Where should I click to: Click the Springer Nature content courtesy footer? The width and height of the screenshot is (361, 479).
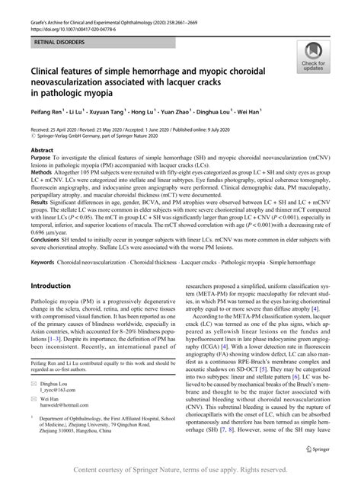180,471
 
